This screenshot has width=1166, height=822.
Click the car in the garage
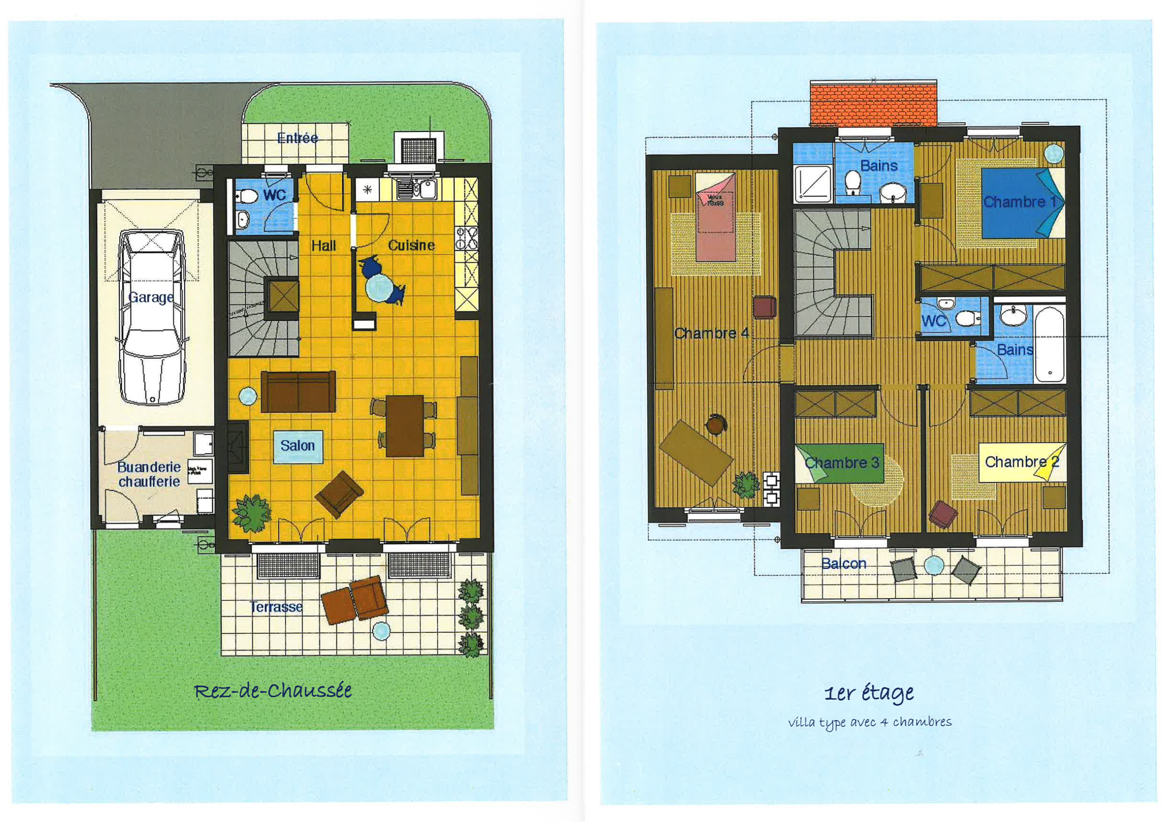coord(152,317)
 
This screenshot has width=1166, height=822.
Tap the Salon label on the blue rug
coord(298,446)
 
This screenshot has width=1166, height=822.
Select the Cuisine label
coord(411,246)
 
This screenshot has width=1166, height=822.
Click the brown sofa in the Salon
coord(298,391)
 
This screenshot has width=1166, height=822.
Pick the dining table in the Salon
coord(405,426)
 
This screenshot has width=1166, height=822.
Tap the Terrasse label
coord(276,607)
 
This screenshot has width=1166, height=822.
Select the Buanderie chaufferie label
coord(149,474)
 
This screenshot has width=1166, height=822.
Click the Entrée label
coord(298,137)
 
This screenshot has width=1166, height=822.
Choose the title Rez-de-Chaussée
coord(273,691)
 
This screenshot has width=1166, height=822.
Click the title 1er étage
coord(869,693)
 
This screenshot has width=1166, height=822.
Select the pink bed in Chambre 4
coord(715,217)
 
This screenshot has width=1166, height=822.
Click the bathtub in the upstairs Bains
coord(1050,344)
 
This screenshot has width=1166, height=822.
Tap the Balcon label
coord(844,563)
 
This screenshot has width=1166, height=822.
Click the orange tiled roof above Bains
coord(873,104)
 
